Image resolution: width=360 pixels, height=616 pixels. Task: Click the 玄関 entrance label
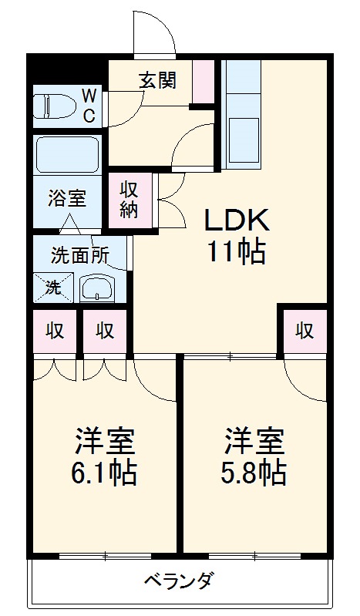pos(157,80)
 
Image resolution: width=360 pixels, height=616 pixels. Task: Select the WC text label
pos(90,106)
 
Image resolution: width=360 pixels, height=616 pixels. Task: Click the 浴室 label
pos(66,197)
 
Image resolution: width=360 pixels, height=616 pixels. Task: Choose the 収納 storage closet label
pos(129,200)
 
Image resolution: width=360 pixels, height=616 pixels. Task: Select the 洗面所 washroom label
pos(80,255)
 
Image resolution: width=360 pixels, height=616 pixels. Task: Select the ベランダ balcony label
pos(179,580)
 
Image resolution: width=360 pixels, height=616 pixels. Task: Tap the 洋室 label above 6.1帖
pos(104,441)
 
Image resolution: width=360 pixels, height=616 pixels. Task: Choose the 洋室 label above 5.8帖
pos(255,441)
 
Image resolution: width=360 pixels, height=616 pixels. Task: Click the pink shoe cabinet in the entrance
pos(204,81)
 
